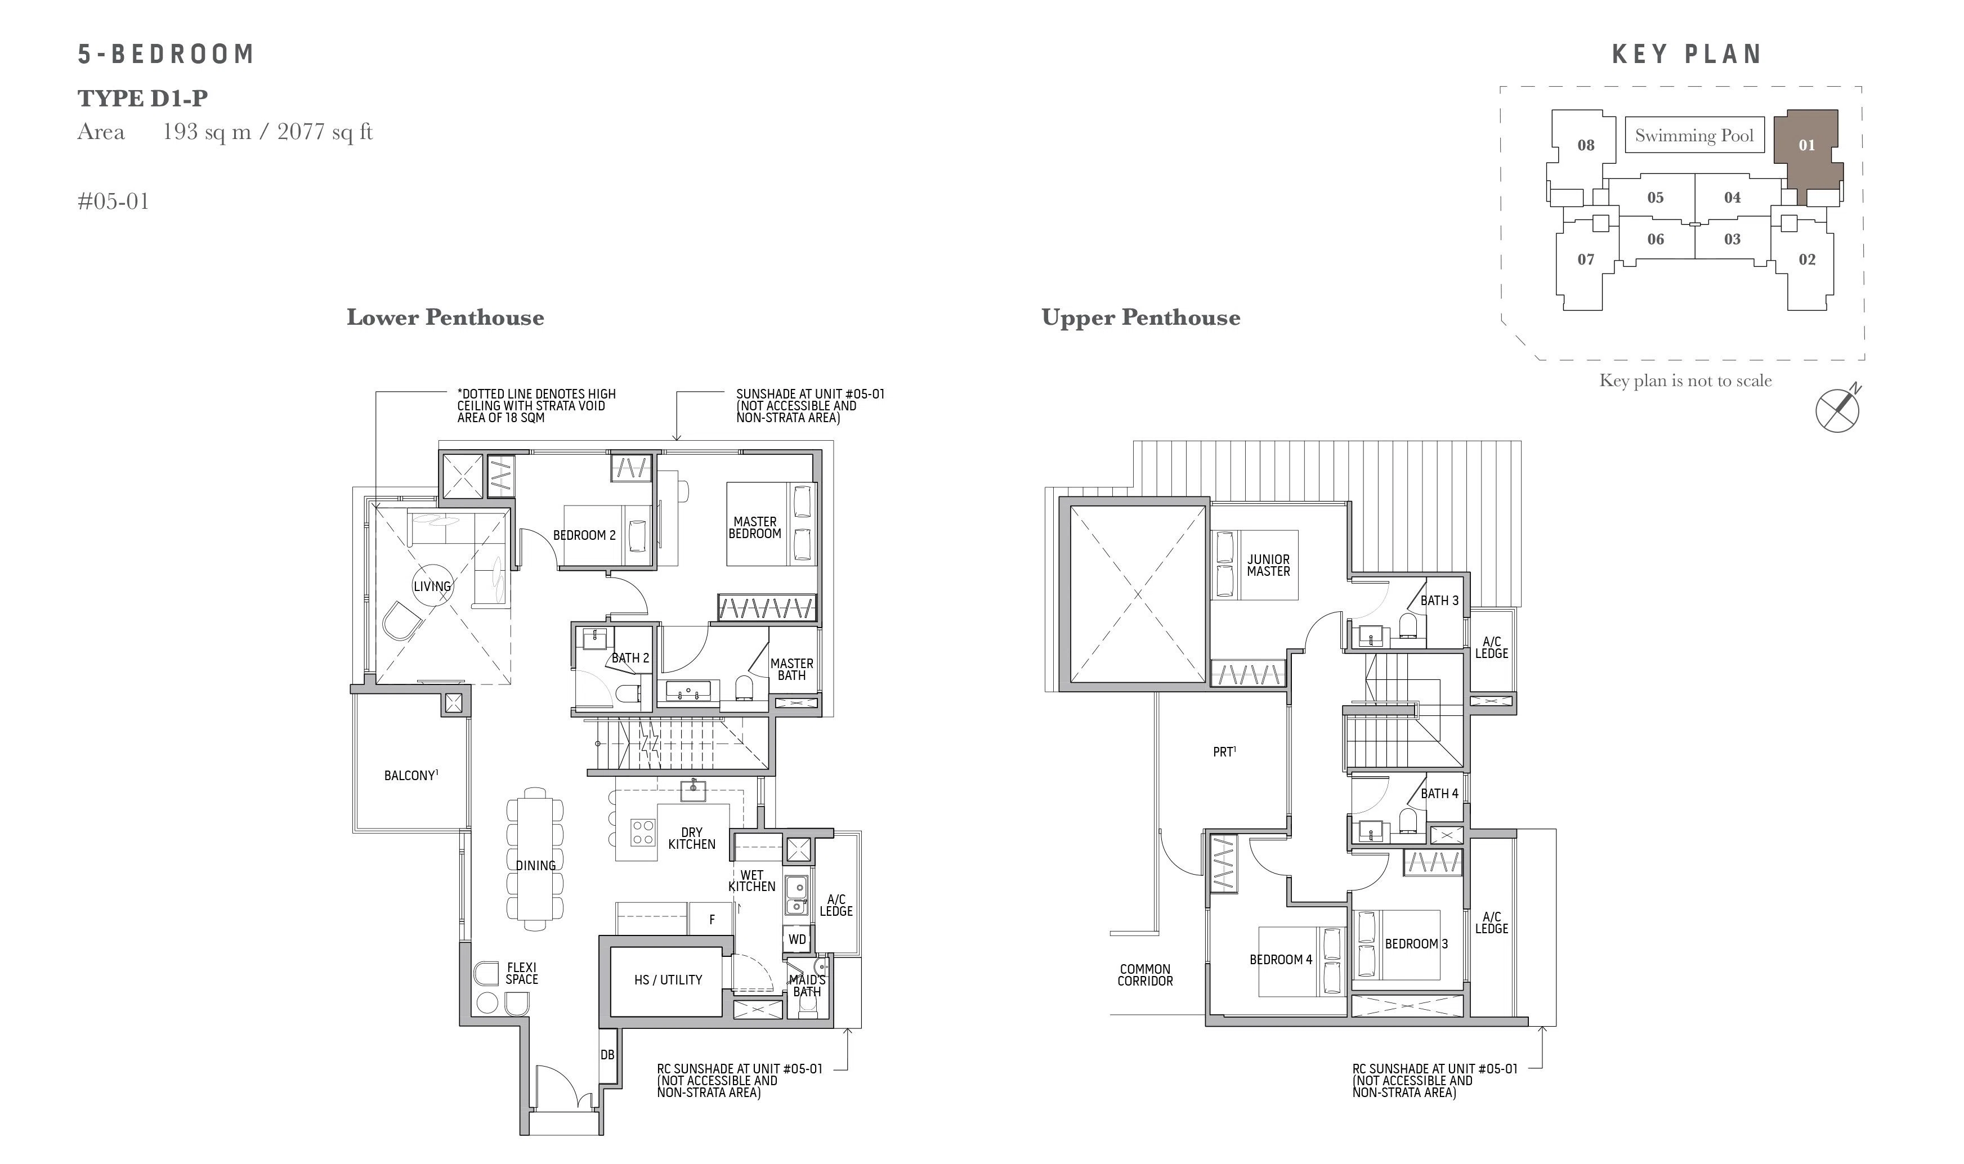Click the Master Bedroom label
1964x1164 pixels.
754,527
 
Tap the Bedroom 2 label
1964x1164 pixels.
584,535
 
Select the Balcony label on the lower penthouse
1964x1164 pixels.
411,775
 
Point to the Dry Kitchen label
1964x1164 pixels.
692,838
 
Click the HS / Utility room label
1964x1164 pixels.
668,980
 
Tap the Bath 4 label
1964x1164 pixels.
1439,793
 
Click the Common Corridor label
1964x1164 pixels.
1145,975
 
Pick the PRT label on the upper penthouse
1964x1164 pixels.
1224,751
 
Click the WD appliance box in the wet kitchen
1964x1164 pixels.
798,939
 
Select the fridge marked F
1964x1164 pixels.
712,919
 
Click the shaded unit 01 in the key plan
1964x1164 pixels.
1807,149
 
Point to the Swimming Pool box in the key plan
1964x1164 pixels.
1694,135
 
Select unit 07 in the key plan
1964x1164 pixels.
1586,259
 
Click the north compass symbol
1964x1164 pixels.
1838,409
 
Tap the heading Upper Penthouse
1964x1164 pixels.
1140,317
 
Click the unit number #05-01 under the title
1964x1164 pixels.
113,202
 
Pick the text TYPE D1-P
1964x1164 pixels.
143,98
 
